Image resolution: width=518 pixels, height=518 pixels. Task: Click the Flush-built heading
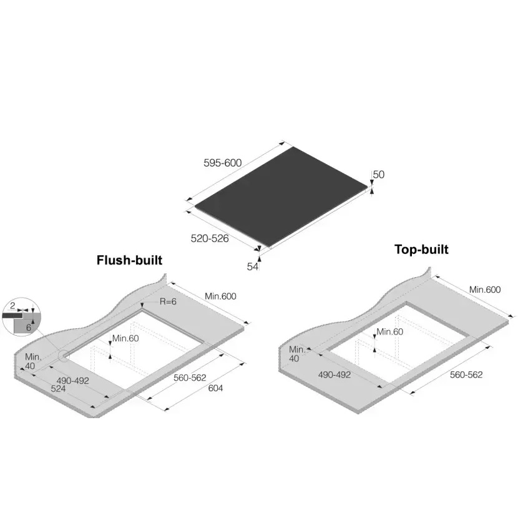click(130, 260)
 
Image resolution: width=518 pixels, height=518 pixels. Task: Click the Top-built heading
click(421, 250)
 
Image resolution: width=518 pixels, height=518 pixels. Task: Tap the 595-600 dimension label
click(223, 163)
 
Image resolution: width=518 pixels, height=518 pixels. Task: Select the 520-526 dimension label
click(210, 238)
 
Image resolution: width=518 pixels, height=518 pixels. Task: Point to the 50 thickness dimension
click(379, 174)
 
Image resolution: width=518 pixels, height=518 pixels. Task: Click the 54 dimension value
click(252, 266)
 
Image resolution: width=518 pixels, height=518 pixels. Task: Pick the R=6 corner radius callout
click(168, 301)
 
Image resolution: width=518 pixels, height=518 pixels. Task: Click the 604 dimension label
click(215, 388)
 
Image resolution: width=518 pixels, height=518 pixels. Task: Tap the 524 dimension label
click(58, 389)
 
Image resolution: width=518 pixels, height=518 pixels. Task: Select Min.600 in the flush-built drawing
click(221, 296)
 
